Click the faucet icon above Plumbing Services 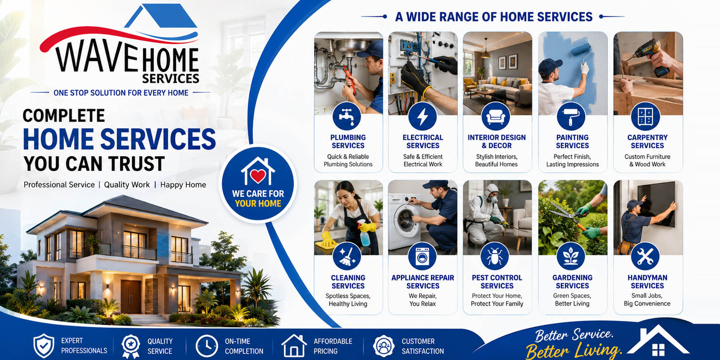click(x=347, y=116)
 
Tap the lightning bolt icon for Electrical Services click(x=422, y=116)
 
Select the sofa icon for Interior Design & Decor click(x=496, y=116)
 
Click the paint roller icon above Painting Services click(x=571, y=116)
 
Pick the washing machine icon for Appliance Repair click(x=422, y=256)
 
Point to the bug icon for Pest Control click(x=495, y=256)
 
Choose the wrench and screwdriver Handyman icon click(x=645, y=256)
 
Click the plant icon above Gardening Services click(x=571, y=256)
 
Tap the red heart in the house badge click(x=258, y=175)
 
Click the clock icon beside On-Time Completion click(x=206, y=346)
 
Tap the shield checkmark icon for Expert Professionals click(x=44, y=346)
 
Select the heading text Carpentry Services click(x=647, y=142)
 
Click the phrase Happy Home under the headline click(x=183, y=185)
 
